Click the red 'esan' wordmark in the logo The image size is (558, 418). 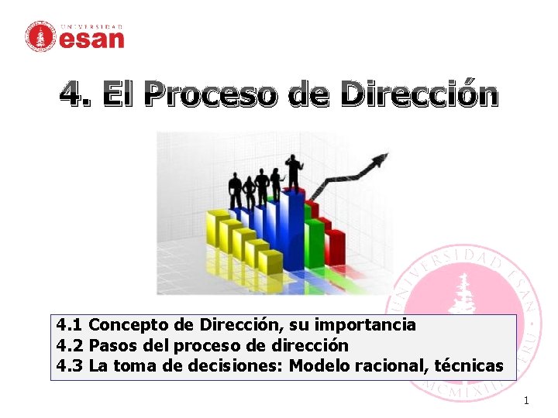pyautogui.click(x=91, y=39)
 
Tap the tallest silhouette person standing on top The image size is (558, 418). pyautogui.click(x=294, y=171)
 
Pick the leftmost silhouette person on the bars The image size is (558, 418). pyautogui.click(x=235, y=190)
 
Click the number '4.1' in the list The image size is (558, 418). pyautogui.click(x=71, y=325)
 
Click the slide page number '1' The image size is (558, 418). pyautogui.click(x=525, y=400)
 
